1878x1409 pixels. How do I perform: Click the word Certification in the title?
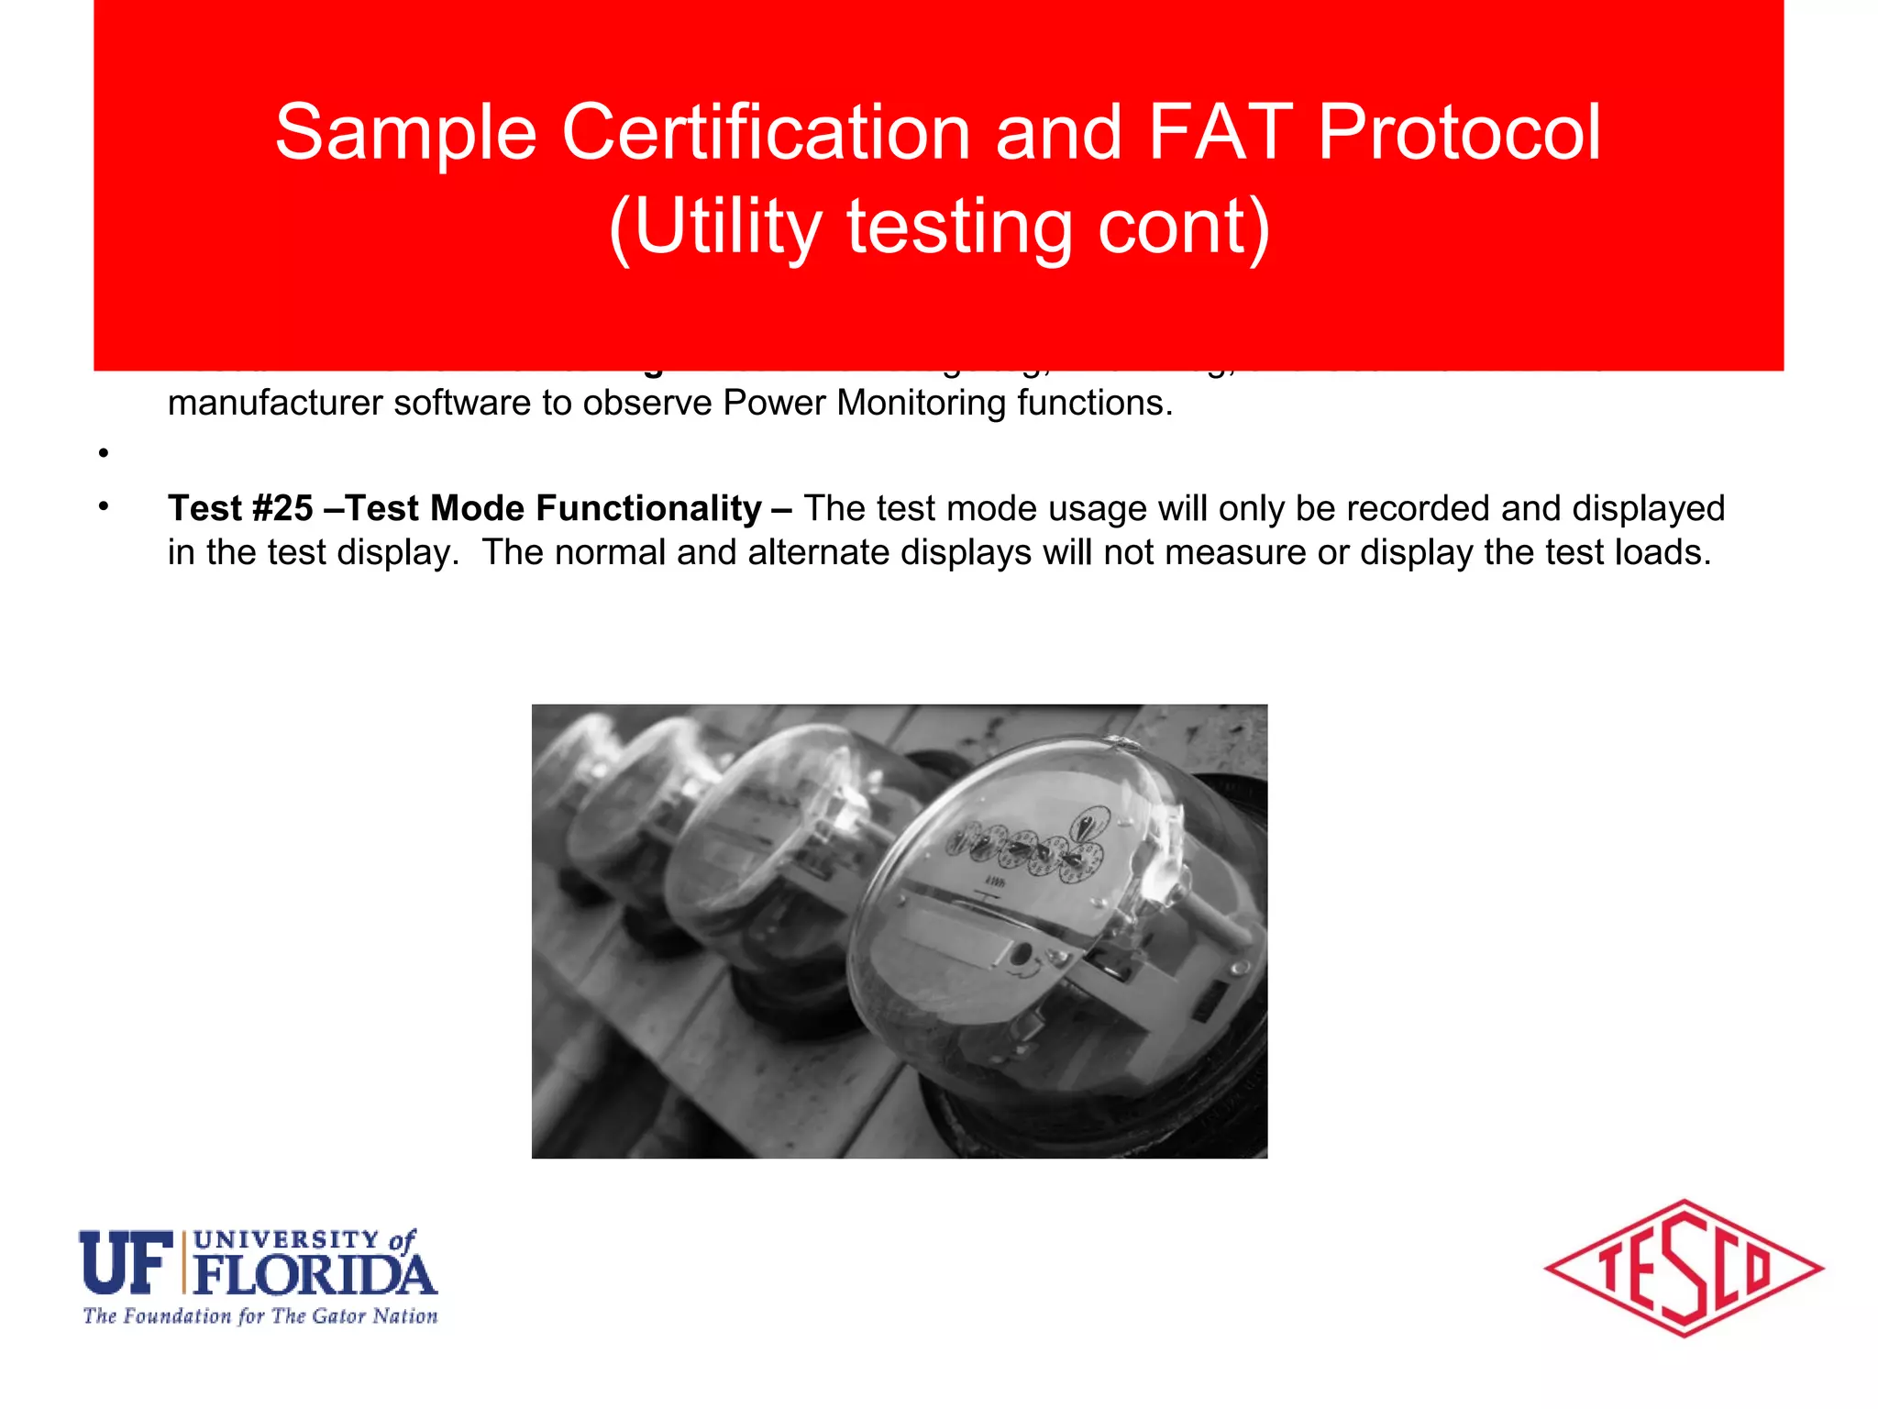click(x=766, y=133)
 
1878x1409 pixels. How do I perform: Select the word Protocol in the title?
click(x=1459, y=133)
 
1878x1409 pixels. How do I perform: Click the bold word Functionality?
click(x=648, y=508)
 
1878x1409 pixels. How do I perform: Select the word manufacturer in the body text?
click(x=274, y=403)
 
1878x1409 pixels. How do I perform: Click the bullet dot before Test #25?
click(x=105, y=506)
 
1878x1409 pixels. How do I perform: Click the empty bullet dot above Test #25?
click(x=105, y=452)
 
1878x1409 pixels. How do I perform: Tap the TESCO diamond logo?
click(x=1684, y=1269)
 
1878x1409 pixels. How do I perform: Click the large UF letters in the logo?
click(x=126, y=1263)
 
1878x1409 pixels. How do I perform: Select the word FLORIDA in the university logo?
click(x=315, y=1275)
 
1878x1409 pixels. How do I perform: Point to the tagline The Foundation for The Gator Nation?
click(x=260, y=1316)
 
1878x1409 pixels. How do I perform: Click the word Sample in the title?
click(x=405, y=133)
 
